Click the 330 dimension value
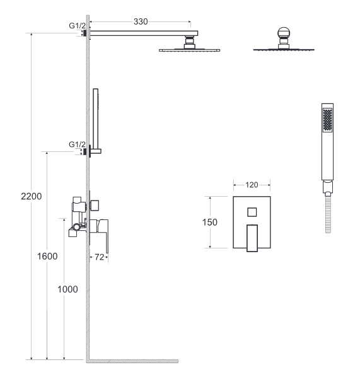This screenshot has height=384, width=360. click(x=141, y=21)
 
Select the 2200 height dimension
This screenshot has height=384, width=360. click(x=32, y=196)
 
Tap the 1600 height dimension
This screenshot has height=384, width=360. click(x=47, y=256)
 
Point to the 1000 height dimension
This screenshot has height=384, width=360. click(x=67, y=289)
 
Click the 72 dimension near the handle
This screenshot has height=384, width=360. click(x=100, y=257)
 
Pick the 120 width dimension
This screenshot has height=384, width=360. click(x=252, y=185)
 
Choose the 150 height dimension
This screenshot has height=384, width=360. click(x=210, y=222)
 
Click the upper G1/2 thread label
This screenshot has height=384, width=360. click(x=78, y=25)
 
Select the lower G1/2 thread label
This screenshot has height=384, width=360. click(x=77, y=144)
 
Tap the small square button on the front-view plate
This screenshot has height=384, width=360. click(x=252, y=212)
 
